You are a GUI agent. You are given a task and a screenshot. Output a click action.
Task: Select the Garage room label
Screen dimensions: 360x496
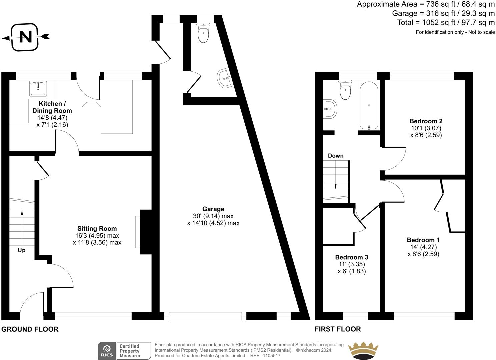pos(213,209)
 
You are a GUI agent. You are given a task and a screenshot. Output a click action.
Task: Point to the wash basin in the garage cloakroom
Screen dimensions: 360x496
pos(225,78)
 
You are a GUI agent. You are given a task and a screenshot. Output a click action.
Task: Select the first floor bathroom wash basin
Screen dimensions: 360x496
pos(330,109)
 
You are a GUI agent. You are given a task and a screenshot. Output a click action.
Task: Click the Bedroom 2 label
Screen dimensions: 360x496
pos(426,121)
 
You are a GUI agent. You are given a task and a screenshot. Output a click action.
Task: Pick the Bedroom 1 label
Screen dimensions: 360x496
pos(423,240)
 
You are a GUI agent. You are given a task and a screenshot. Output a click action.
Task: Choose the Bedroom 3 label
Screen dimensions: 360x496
pos(351,257)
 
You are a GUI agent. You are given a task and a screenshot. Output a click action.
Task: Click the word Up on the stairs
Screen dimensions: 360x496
pos(21,250)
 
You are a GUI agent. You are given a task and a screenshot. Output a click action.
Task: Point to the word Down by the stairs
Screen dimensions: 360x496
pos(335,156)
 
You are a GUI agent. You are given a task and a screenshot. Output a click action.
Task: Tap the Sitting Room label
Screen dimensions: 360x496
pos(97,229)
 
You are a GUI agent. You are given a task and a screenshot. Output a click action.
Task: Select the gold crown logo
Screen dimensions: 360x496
pos(363,350)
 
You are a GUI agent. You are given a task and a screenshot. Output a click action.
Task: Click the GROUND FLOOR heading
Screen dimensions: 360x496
pos(30,329)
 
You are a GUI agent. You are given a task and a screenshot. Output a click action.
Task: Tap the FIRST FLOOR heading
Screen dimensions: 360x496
pos(338,329)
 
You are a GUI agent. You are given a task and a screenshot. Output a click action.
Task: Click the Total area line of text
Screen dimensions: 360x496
pos(446,22)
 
